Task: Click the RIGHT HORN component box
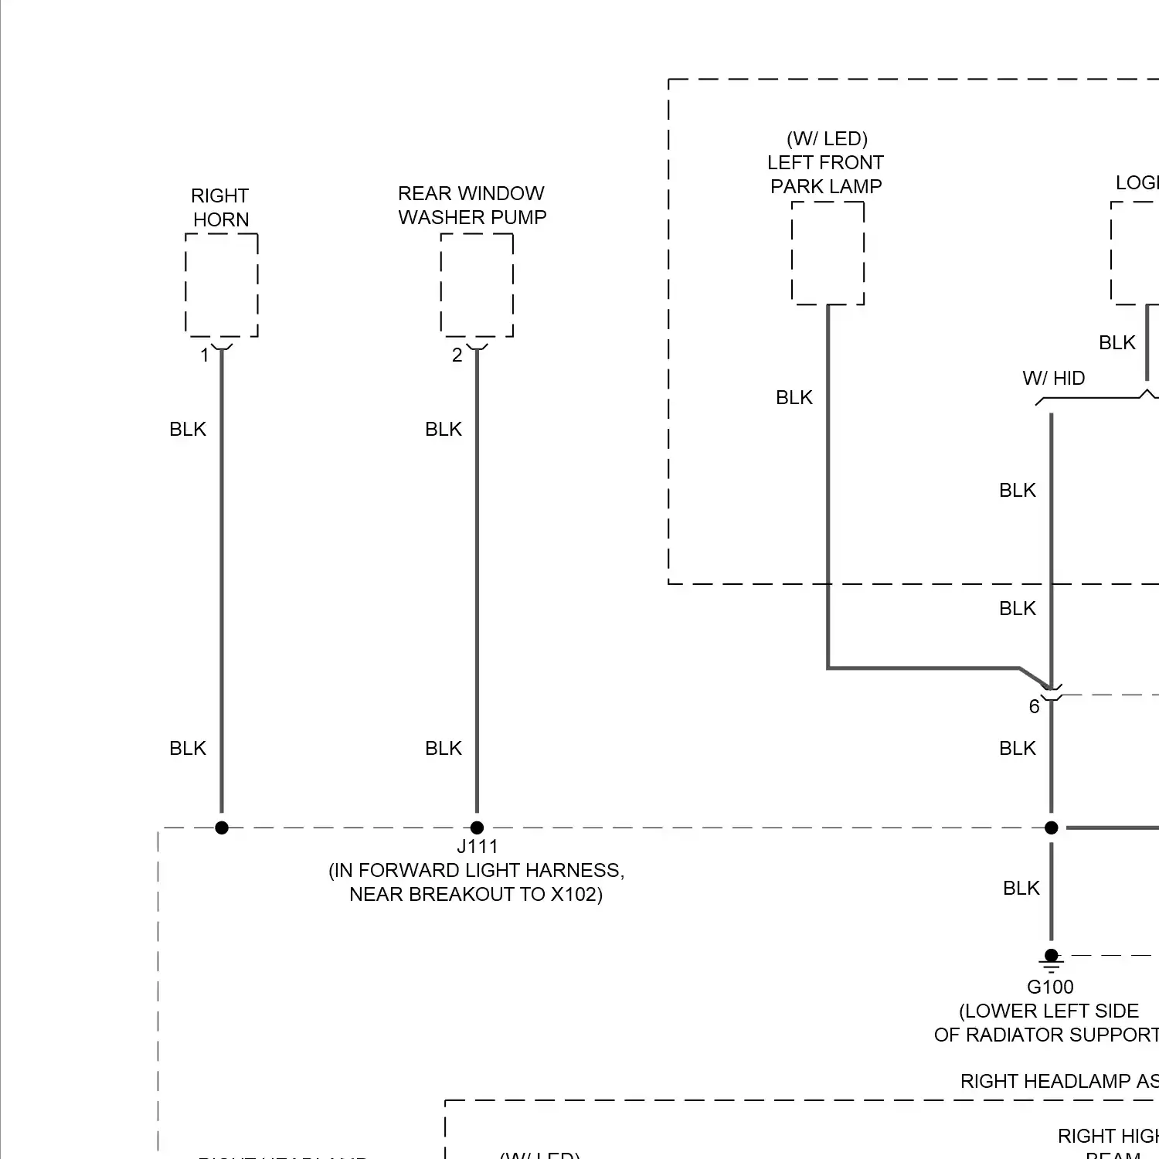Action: click(x=222, y=285)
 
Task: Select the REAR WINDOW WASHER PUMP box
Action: click(x=477, y=285)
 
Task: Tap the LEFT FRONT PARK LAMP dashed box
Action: click(x=828, y=253)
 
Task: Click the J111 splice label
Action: click(x=477, y=846)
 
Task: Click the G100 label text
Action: click(x=1050, y=987)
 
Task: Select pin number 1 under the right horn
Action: click(x=205, y=355)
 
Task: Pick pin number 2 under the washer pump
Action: click(x=457, y=355)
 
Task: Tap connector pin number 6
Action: click(x=1034, y=706)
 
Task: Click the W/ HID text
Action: click(x=1053, y=378)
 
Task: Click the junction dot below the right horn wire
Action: click(x=222, y=828)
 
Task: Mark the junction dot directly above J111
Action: click(x=477, y=828)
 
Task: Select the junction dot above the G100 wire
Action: click(x=1051, y=828)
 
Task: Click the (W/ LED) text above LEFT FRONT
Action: click(x=827, y=138)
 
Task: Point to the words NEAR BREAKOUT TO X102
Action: click(x=476, y=894)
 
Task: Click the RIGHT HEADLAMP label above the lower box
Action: click(x=1059, y=1081)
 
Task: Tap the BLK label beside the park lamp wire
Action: click(x=794, y=397)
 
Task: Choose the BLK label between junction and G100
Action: click(x=1021, y=888)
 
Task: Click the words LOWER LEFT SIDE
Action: click(x=1049, y=1011)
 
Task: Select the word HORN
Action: click(x=221, y=219)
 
